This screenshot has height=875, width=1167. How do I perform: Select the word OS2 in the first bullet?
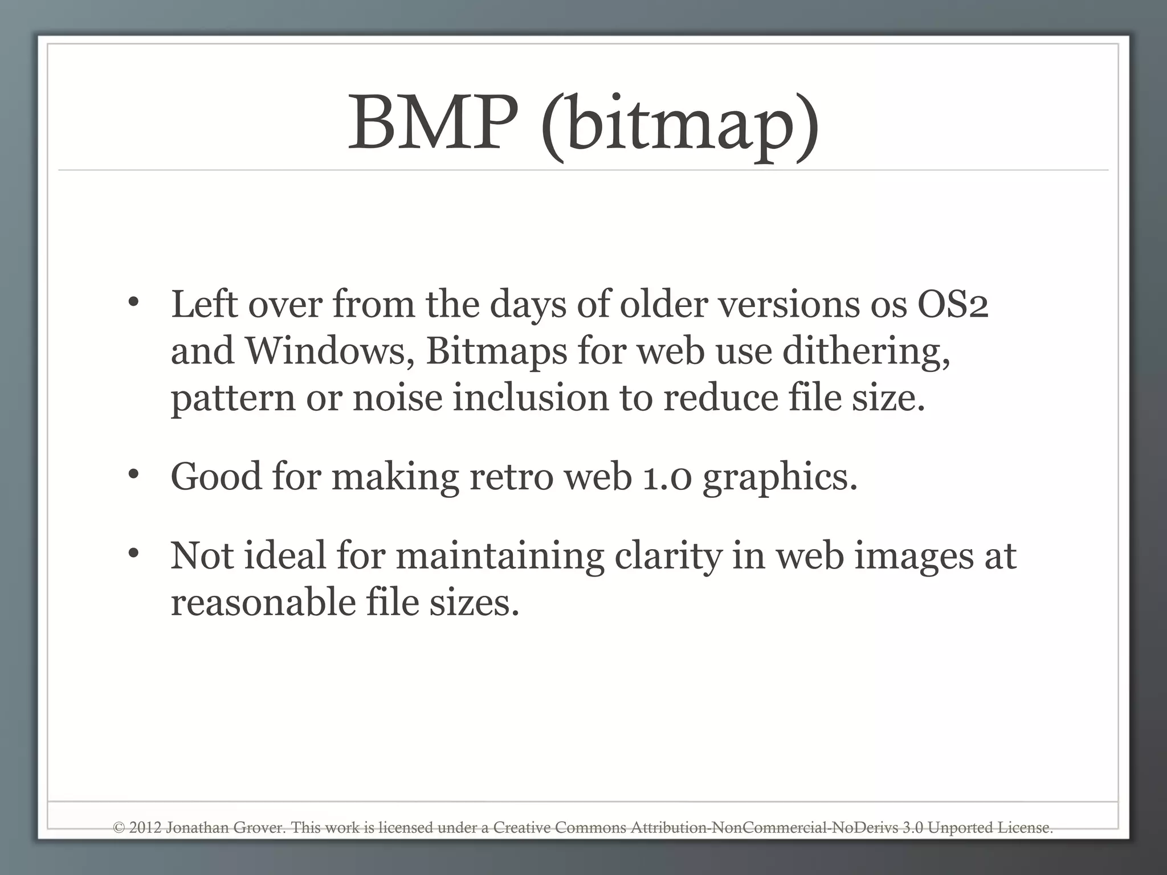click(952, 304)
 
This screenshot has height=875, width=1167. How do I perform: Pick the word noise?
click(397, 397)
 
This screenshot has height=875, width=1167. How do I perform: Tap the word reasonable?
click(263, 602)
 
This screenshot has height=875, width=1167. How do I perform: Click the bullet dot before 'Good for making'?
click(133, 474)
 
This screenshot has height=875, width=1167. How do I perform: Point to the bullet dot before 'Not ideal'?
click(133, 553)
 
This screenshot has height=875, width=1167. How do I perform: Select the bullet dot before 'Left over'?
click(133, 302)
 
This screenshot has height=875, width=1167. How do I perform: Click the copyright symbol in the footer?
click(119, 828)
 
